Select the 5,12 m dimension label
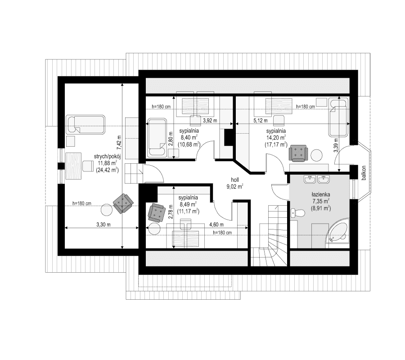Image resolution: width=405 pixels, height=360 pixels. point(261,121)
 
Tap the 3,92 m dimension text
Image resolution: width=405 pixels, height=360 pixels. point(210,121)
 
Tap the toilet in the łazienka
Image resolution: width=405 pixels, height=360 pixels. point(295,213)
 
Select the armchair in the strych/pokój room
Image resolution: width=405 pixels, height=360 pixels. point(123,202)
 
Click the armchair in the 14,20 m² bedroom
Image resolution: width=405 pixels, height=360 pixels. point(298,153)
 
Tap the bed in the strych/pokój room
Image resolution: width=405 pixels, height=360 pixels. point(85,124)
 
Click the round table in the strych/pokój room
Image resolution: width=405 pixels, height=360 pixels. point(107,210)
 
